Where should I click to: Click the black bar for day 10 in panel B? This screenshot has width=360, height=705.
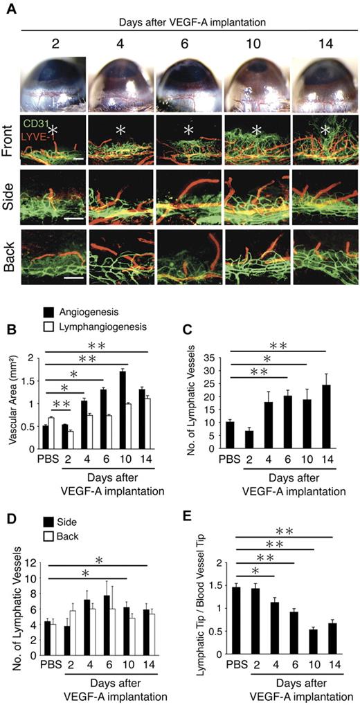tap(122, 410)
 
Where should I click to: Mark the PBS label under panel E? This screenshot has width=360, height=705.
tap(242, 662)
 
